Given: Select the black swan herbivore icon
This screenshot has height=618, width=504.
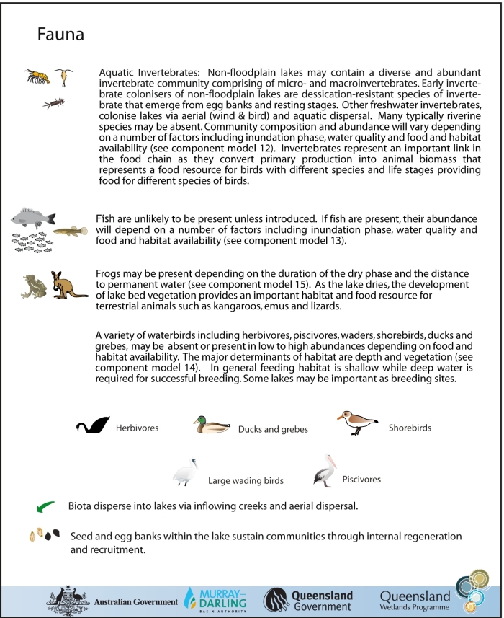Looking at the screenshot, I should [93, 425].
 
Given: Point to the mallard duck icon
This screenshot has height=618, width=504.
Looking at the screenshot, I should [211, 425].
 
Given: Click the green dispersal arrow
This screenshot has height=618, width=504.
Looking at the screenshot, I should [46, 506].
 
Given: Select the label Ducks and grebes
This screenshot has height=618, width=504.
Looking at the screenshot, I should [273, 429].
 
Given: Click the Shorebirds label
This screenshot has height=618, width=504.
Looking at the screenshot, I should [410, 428].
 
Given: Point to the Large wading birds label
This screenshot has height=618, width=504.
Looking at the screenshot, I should [246, 480].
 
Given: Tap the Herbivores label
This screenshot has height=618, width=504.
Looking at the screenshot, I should [137, 428].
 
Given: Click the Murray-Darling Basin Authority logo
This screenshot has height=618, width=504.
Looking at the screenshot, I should [216, 598].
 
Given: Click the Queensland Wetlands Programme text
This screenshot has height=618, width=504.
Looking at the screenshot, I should [415, 600].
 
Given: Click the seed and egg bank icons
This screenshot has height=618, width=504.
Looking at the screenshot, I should [43, 535].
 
